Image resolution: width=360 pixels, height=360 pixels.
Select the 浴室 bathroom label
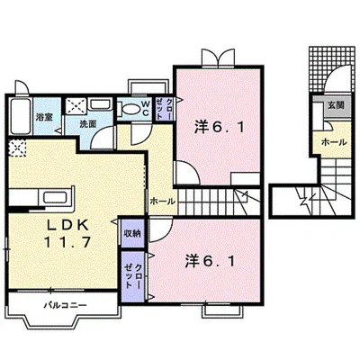(42, 118)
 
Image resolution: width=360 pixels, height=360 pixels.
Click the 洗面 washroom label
(87, 124)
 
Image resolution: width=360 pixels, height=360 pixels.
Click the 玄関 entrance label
(334, 106)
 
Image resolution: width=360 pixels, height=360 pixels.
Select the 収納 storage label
(130, 232)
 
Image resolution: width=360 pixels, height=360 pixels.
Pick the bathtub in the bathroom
(19, 116)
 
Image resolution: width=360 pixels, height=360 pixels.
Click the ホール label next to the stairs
(162, 201)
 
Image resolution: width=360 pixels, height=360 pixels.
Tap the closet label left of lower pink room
(131, 272)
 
